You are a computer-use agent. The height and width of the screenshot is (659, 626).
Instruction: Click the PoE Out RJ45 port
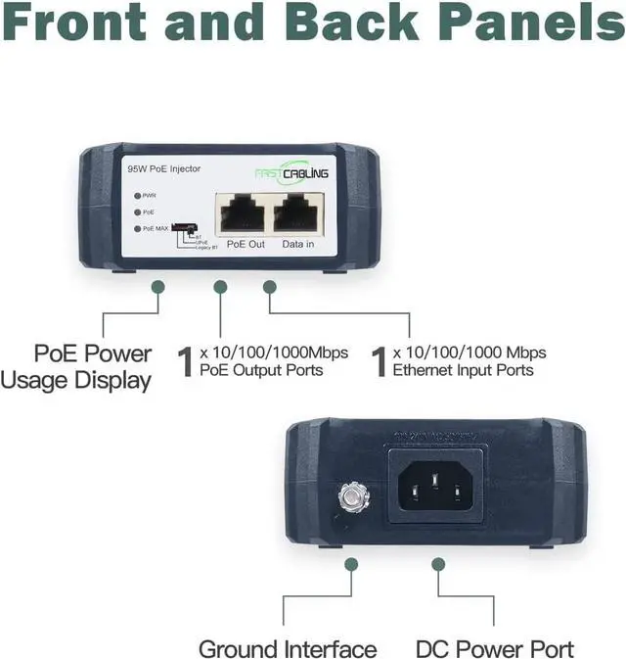tap(241, 212)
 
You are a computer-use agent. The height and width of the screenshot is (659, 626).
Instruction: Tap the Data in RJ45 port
tap(297, 212)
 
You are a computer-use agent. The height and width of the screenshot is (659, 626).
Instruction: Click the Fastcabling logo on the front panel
tap(291, 173)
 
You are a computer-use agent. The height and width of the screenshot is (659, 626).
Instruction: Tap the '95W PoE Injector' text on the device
tap(163, 169)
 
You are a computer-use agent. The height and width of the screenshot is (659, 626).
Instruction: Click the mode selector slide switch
tap(183, 228)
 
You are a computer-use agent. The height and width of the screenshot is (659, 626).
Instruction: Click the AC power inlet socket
tap(438, 482)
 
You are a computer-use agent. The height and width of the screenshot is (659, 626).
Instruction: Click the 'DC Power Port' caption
tap(494, 648)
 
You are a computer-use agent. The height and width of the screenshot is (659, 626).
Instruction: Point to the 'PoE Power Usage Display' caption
tap(78, 365)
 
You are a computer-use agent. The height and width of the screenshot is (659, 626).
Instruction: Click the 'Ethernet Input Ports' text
tap(463, 370)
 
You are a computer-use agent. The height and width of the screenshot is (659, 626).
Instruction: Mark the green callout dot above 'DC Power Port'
tap(438, 564)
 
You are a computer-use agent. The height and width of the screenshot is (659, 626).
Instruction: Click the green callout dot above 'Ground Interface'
tap(351, 564)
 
